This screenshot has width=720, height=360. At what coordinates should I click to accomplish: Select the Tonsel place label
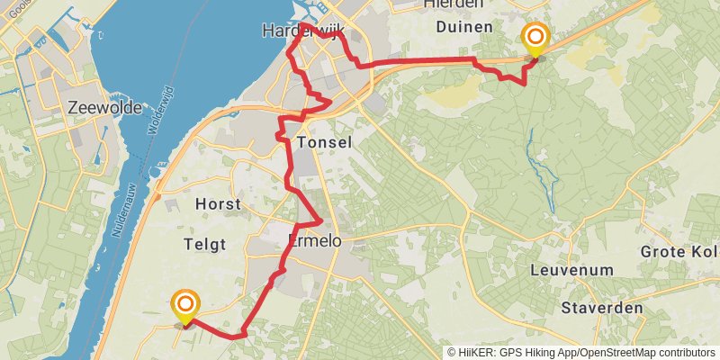coord(323,143)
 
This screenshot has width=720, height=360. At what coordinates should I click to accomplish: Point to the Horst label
coord(218,204)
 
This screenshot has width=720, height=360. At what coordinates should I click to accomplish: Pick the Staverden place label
coord(602,308)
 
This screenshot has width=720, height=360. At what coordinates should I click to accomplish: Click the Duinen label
coord(463,27)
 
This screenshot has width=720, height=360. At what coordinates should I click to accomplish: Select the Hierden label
coord(458,4)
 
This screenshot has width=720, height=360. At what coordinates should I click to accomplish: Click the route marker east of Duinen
coord(535,39)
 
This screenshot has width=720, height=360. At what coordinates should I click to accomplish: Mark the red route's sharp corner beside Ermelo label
coord(320,221)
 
